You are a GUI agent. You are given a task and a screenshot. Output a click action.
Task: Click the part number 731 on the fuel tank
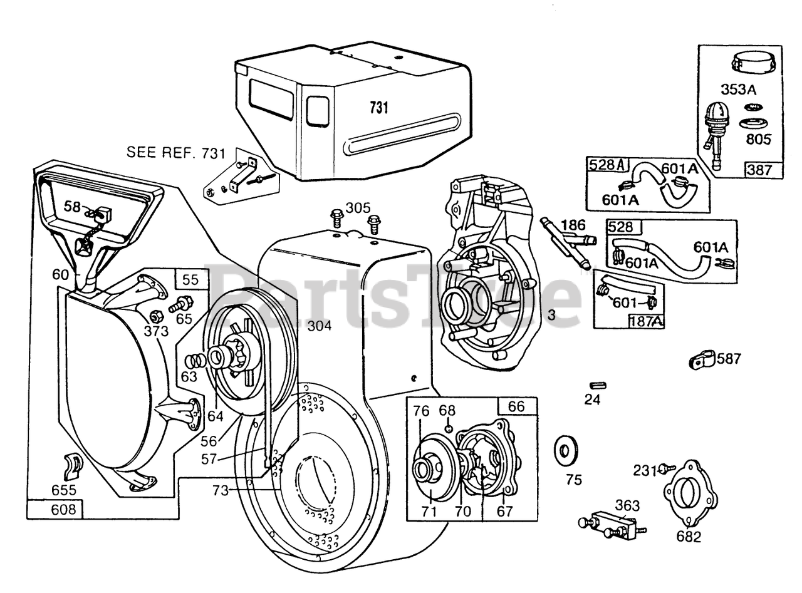coord(378,108)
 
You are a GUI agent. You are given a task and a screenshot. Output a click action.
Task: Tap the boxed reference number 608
coord(55,509)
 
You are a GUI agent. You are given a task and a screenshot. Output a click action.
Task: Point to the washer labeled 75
coord(566,450)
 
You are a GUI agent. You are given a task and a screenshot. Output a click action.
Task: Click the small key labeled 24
coord(597,384)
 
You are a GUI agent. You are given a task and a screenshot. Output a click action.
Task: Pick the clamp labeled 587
coord(700,359)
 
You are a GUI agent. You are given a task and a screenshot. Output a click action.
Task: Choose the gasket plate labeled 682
coord(690,495)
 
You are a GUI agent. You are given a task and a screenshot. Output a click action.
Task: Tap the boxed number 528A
coord(607,165)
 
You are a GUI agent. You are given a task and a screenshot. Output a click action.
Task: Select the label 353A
coord(737,90)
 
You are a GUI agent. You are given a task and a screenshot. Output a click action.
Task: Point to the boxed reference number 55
coord(190,280)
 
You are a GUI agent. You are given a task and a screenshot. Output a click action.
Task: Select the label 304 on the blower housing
coord(320,326)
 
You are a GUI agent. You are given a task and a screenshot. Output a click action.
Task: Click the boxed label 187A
coord(646,321)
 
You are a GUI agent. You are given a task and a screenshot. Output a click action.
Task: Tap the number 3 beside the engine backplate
coord(551,316)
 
